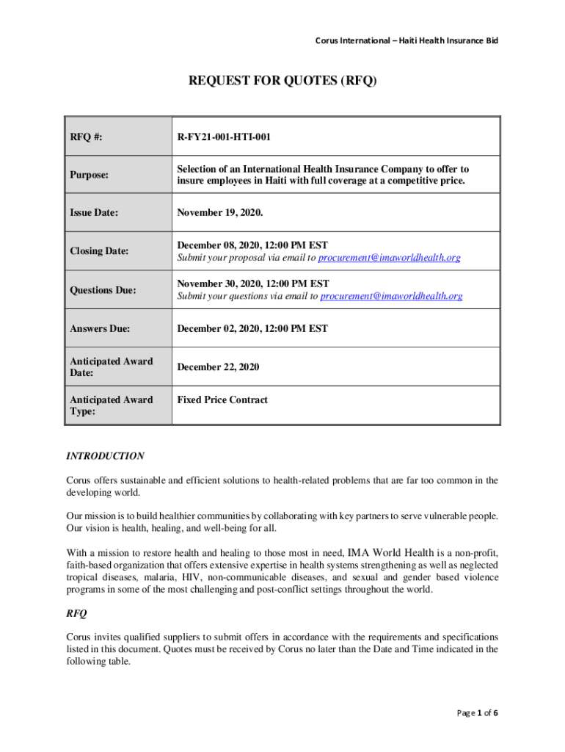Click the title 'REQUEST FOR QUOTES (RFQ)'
point(282,82)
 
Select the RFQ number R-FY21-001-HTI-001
point(228,136)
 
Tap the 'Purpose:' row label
point(90,175)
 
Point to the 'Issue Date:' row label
point(94,213)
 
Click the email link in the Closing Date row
point(390,258)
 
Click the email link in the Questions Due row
point(391,296)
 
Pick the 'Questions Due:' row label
point(103,290)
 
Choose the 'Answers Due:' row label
point(100,328)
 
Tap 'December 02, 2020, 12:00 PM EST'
point(252,328)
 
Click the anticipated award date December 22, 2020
point(218,366)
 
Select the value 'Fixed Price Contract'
point(222,399)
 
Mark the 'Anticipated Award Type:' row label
point(111,406)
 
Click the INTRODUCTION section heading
point(106,456)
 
